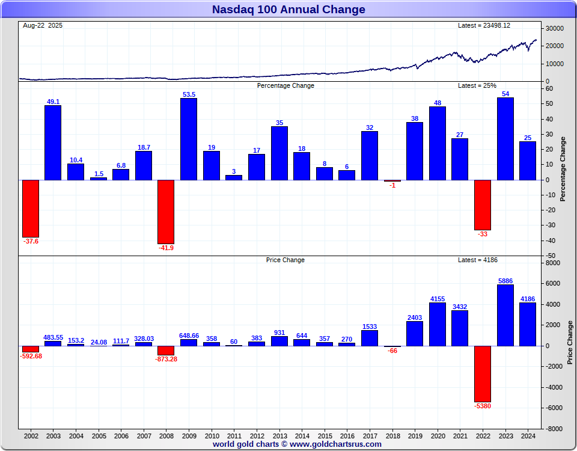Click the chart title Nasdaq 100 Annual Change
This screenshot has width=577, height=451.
(x=288, y=10)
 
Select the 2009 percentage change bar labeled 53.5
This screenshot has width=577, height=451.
(x=189, y=139)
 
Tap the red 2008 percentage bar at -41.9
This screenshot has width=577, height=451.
(x=166, y=212)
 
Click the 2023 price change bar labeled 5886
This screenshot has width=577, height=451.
(x=505, y=315)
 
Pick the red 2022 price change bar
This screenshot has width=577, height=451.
(x=483, y=373)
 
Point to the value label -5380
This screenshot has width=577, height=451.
(x=483, y=406)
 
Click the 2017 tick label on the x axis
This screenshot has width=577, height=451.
(x=370, y=436)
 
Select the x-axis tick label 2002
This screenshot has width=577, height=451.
(x=31, y=436)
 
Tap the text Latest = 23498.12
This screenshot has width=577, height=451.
(x=484, y=25)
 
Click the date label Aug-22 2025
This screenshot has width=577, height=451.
(x=43, y=25)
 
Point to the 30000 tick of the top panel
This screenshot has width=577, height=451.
(x=555, y=28)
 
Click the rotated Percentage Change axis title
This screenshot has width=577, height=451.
(x=563, y=168)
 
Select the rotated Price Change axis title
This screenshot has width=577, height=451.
(x=570, y=343)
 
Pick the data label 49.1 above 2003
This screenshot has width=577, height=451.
(x=53, y=102)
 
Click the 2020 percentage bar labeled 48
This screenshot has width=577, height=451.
(x=438, y=143)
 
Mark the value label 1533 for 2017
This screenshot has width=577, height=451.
(x=370, y=327)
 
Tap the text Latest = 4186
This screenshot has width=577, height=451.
(x=478, y=260)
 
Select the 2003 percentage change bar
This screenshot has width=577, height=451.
(x=53, y=143)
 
